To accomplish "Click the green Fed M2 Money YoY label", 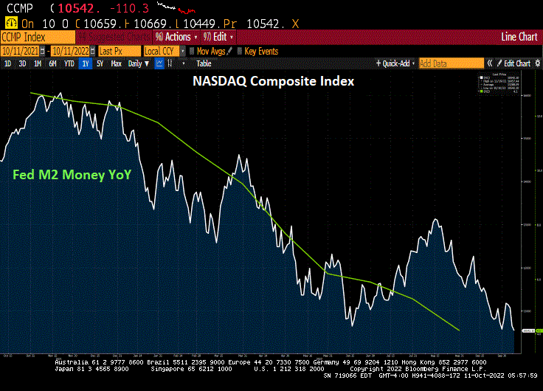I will pos(72,175).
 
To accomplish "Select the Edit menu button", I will pos(219,37).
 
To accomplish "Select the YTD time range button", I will pos(69,63).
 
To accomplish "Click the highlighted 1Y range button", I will pos(86,63).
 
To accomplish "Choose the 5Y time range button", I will pos(100,63).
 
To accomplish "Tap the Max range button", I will pos(116,63).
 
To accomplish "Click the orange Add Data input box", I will pos(450,63).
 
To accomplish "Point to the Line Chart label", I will pos(519,37).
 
